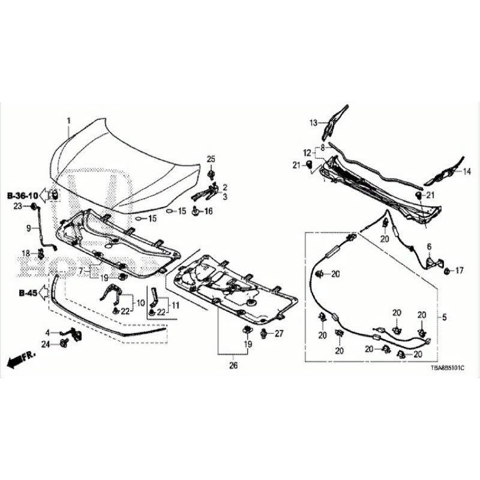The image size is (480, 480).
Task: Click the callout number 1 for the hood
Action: tap(68, 121)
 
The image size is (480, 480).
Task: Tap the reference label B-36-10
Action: tap(23, 196)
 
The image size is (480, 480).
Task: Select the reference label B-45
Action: tap(28, 293)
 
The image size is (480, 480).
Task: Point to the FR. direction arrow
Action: tap(22, 360)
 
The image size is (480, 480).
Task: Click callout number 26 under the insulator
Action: tap(233, 365)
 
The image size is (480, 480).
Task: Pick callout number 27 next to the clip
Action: tap(278, 333)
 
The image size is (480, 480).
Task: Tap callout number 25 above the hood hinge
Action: tap(211, 158)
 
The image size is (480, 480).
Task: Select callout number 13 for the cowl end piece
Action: tap(313, 123)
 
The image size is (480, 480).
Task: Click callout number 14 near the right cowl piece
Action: tap(467, 171)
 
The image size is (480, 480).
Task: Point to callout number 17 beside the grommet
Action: tap(460, 271)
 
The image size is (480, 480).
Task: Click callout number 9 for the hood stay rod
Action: tap(28, 228)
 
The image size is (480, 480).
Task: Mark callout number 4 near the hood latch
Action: tap(47, 332)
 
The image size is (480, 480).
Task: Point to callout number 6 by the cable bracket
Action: tap(429, 246)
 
